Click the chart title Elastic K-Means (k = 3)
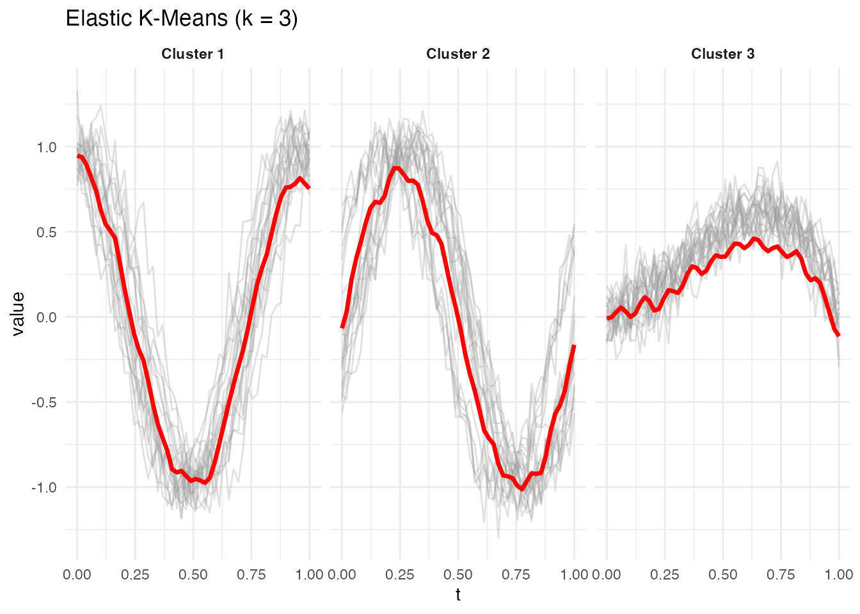pos(182,19)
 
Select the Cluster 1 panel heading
pos(193,54)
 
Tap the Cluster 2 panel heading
pos(458,54)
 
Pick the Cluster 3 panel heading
pos(723,54)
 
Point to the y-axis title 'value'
pos(18,313)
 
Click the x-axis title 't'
pos(458,595)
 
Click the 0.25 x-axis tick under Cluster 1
pos(135,574)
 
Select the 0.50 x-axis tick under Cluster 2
pos(458,574)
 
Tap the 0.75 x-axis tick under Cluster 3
pos(781,574)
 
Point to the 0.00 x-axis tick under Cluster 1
pos(77,574)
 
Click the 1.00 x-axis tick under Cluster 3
pos(838,574)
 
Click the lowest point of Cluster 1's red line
pos(205,483)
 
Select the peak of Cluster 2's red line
pos(397,168)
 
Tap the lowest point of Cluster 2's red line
pos(523,489)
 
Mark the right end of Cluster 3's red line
pos(839,335)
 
